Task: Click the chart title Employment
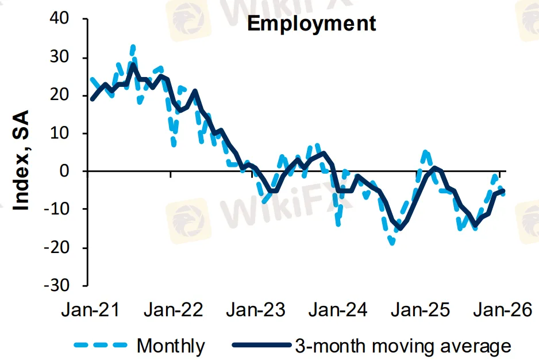pos(311,24)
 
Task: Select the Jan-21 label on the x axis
pos(91,311)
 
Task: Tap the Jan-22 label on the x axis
pos(174,311)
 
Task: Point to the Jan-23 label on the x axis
pos(256,311)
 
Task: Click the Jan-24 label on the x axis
pos(338,311)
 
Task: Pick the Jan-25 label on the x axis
pos(421,311)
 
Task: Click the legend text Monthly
pos(171,346)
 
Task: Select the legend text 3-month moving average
pos(402,346)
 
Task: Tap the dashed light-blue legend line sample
pos(101,346)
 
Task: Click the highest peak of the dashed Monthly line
pos(133,46)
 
